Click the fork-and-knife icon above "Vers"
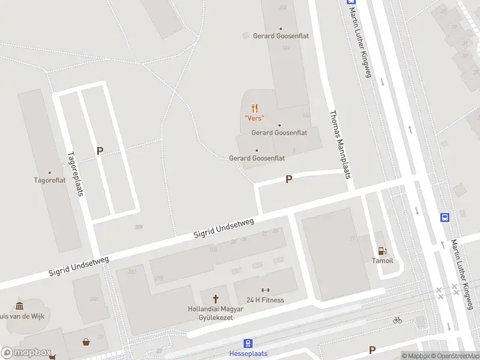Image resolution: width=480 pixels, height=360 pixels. [255, 108]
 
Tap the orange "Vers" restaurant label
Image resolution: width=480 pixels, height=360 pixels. [254, 118]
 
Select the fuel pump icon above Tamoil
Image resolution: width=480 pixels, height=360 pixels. [381, 251]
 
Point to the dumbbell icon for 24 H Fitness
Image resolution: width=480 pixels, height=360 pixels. [265, 290]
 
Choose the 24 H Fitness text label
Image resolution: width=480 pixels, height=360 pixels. [265, 300]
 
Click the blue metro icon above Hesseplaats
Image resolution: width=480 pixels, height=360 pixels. [248, 344]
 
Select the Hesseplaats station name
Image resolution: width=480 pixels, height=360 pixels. [248, 354]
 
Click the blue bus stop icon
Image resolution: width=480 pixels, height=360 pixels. [445, 217]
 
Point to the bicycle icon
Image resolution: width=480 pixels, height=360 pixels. [397, 320]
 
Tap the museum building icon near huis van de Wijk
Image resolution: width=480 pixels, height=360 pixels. [19, 305]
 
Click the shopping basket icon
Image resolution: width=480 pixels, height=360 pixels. [87, 343]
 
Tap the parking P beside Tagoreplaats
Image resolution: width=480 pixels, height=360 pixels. [100, 151]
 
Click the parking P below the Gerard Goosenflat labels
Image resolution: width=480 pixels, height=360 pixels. [289, 179]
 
